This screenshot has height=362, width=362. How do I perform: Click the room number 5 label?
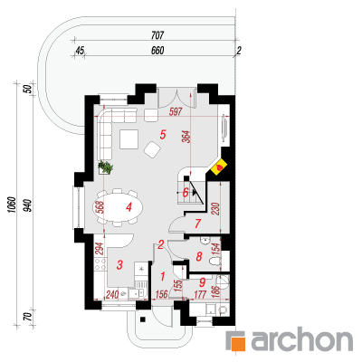tap(163, 135)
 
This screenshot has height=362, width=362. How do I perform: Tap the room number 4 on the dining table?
tap(129, 207)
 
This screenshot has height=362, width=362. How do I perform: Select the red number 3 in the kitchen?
tap(119, 265)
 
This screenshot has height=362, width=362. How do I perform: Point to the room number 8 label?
tap(199, 257)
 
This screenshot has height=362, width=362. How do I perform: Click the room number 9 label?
tap(203, 282)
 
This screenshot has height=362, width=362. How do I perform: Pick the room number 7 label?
tap(197, 224)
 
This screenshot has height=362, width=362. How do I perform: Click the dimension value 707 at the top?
tap(157, 35)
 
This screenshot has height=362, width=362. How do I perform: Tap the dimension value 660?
tap(157, 51)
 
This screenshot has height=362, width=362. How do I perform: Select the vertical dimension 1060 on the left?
tap(12, 205)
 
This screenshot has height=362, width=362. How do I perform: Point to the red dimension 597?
tap(176, 112)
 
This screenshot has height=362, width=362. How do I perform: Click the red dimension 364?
tap(187, 137)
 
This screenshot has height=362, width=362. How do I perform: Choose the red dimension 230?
tap(216, 209)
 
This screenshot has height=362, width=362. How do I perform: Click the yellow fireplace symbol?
tap(219, 167)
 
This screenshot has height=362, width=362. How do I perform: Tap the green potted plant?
tap(105, 167)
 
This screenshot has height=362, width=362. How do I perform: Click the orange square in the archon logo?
tap(239, 343)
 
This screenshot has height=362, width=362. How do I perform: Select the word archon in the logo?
tap(302, 340)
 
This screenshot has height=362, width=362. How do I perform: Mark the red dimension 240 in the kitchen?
tap(112, 294)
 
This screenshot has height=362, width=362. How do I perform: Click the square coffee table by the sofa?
tap(129, 139)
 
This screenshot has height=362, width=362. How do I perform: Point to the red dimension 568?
tap(100, 207)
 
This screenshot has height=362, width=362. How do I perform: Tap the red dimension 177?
tap(200, 294)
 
